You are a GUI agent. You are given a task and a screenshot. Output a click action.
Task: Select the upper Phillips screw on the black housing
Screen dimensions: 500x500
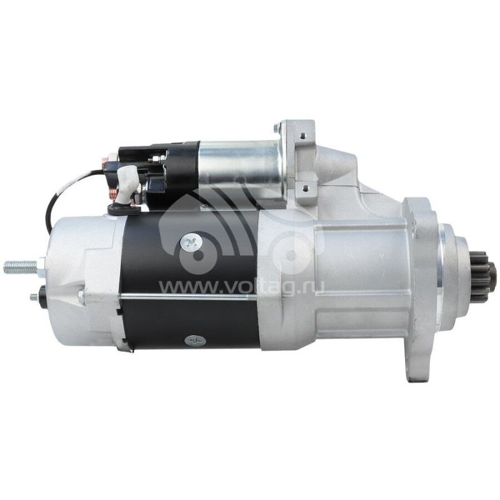(x=189, y=244)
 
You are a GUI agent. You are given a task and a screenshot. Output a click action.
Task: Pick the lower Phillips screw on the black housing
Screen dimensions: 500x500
(x=193, y=341)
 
